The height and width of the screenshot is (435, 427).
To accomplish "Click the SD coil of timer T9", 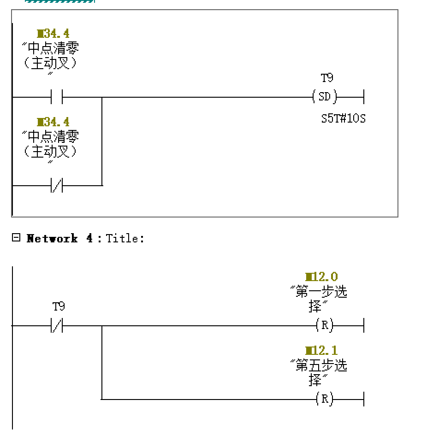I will tap(325, 97).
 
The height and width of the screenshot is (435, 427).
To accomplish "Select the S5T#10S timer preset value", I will tap(343, 118).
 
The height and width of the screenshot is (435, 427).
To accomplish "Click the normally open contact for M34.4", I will tap(57, 98).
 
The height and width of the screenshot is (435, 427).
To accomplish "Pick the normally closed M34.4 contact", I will tap(57, 186).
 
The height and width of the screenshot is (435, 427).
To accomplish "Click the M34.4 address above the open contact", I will tap(53, 34).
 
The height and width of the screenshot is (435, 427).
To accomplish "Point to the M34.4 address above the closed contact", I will tap(53, 122).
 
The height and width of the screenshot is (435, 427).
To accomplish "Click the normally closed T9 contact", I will tap(57, 326).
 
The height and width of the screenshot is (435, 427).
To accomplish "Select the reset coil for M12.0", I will tap(325, 326).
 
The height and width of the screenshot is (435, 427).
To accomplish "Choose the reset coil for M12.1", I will tap(325, 400).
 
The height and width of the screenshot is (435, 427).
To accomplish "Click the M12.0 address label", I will tap(321, 277).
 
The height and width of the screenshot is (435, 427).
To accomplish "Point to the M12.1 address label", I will tap(321, 351).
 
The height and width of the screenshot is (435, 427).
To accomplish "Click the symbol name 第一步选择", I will tap(319, 299).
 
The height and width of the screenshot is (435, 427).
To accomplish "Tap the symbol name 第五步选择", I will tap(319, 372).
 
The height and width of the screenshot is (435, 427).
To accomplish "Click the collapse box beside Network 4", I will tap(16, 238).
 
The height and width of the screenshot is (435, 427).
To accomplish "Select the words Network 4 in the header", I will tap(59, 239).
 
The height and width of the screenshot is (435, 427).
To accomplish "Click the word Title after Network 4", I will tap(125, 239).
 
